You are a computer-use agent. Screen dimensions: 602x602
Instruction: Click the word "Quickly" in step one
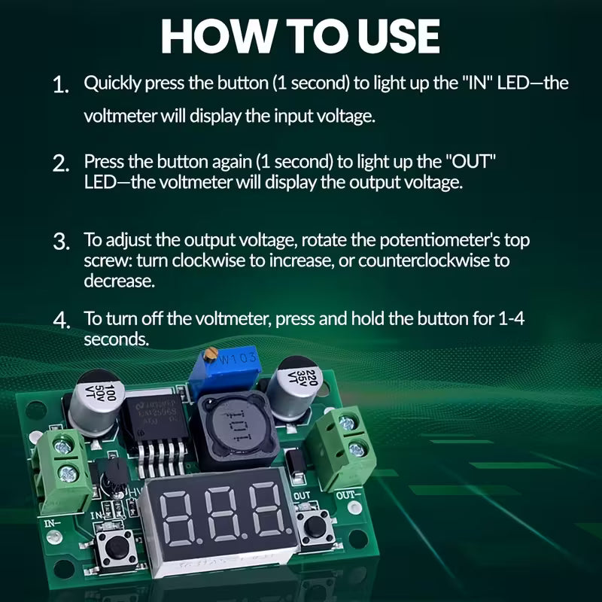pyautogui.click(x=110, y=83)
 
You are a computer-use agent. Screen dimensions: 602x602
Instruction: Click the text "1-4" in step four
pyautogui.click(x=512, y=319)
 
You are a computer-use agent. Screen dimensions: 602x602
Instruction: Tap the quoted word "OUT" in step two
pyautogui.click(x=474, y=161)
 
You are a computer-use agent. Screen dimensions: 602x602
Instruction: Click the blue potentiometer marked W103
pyautogui.click(x=230, y=369)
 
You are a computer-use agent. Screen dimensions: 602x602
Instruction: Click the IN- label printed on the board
pyautogui.click(x=53, y=521)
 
